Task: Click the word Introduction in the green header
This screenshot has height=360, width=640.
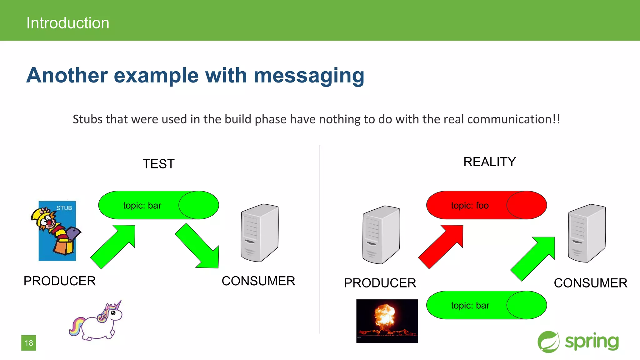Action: pos(68,23)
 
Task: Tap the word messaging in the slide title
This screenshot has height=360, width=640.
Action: pos(309,76)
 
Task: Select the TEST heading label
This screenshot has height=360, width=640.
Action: pos(158,164)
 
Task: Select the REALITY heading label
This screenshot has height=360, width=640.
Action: pos(489,162)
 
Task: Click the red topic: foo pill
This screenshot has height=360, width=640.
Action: pos(486,205)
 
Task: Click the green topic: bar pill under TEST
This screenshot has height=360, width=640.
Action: pos(158,205)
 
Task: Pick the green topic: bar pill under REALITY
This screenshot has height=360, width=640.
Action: pos(486,305)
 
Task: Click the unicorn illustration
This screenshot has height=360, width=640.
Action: pos(97,322)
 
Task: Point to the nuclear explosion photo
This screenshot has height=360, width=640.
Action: pos(387,321)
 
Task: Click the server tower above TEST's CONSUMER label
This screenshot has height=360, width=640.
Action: pos(259,233)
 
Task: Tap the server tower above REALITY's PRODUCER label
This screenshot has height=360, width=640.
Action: pos(381,235)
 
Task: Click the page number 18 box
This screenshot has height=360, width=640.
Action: pos(29,343)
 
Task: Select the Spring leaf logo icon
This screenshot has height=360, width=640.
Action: pos(548,342)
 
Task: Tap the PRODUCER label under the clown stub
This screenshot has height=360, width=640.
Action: pos(60,281)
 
